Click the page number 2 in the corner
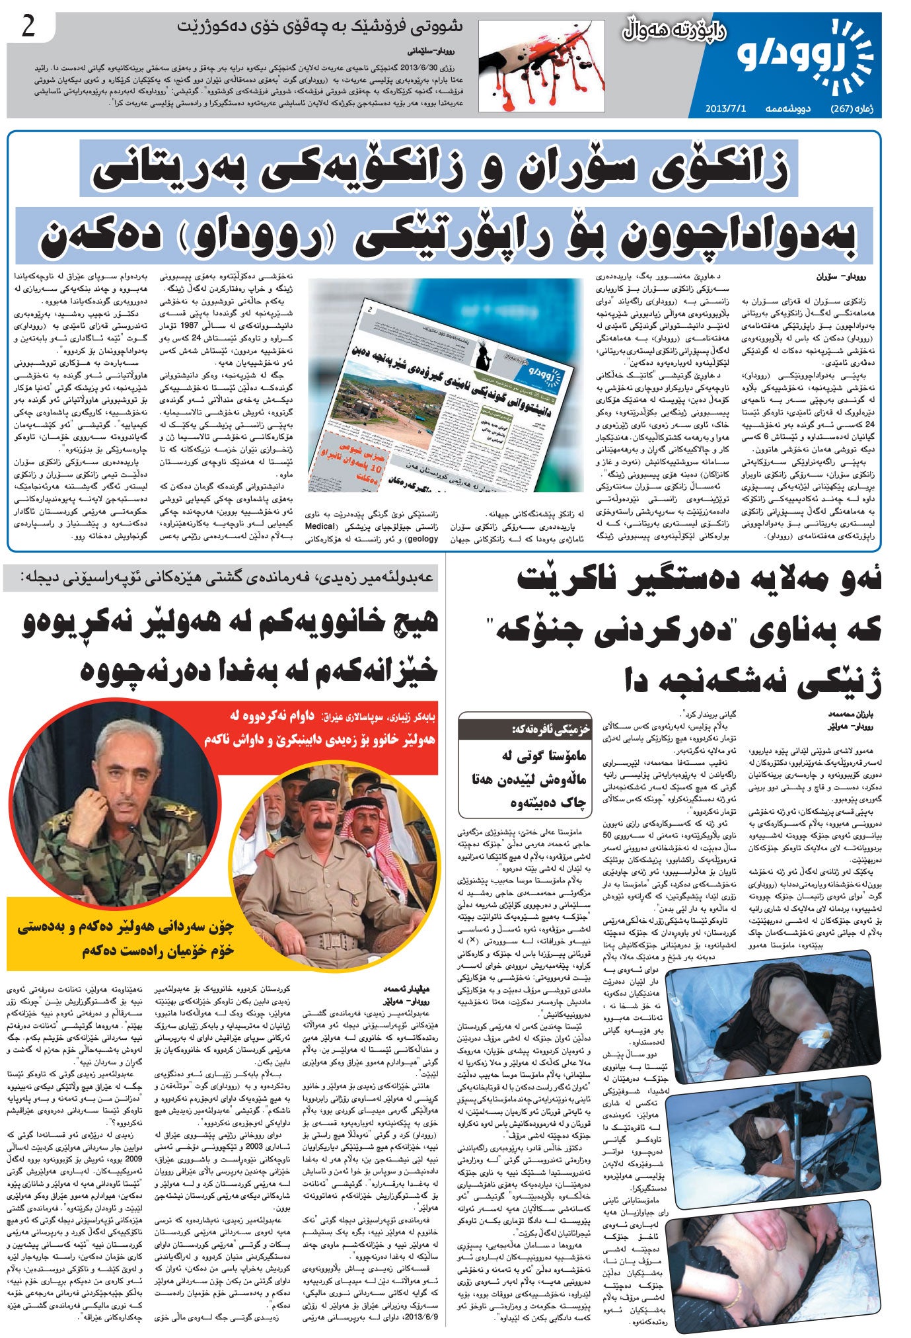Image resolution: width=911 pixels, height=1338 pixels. [x=28, y=28]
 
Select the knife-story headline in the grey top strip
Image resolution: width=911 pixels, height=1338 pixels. [x=320, y=27]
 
